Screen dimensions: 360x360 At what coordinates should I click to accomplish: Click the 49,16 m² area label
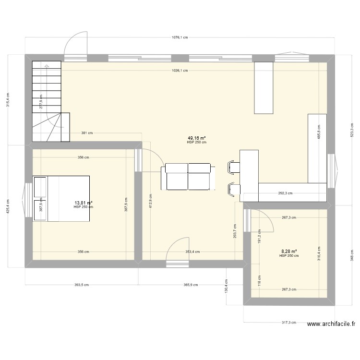tap(197, 137)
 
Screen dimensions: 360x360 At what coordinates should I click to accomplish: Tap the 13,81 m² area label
tap(83, 203)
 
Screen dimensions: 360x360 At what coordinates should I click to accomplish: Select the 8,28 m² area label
tap(289, 251)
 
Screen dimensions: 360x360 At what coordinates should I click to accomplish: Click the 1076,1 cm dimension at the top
tap(180, 38)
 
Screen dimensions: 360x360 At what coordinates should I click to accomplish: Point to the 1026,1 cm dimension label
tap(180, 71)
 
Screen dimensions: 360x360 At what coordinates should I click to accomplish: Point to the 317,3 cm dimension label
tap(289, 323)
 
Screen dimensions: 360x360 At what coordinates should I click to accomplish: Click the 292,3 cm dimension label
tap(287, 193)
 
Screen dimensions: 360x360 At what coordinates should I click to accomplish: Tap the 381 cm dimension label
tap(87, 133)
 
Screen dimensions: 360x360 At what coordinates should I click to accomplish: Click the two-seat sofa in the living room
tap(188, 176)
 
